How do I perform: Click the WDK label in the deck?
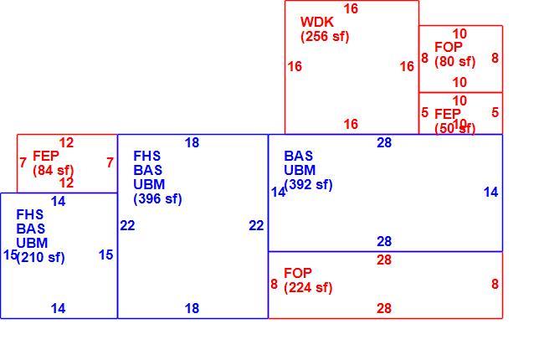(316, 22)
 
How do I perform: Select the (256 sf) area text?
(325, 37)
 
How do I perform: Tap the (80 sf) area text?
(454, 61)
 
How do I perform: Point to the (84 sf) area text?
(54, 171)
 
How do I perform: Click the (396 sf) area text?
(157, 199)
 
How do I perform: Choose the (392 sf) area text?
(308, 184)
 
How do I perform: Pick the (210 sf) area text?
(41, 257)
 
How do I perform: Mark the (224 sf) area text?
(308, 288)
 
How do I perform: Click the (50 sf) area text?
(454, 128)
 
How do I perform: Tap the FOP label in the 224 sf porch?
(298, 273)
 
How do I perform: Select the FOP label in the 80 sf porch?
(449, 47)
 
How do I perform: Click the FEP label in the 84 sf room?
(46, 156)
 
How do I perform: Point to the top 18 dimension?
(192, 142)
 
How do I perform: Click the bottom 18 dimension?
(192, 308)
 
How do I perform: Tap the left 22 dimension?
(127, 226)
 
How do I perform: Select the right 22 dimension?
(256, 226)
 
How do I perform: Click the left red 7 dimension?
(23, 162)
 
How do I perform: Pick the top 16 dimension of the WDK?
(351, 8)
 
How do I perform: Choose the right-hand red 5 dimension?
(495, 112)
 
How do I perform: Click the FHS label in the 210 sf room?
(30, 214)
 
